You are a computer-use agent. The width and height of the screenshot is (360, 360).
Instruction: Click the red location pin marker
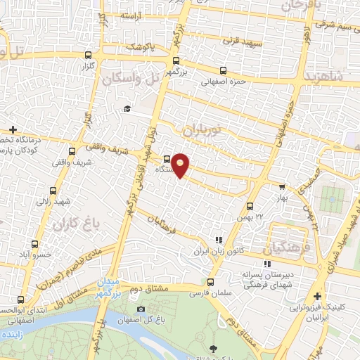coord(181,165)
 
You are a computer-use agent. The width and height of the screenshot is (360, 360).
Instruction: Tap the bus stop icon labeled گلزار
coord(88,55)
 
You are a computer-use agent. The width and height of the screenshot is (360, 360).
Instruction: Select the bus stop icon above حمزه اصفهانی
coord(223,70)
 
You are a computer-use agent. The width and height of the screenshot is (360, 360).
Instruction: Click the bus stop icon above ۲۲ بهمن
coord(250,206)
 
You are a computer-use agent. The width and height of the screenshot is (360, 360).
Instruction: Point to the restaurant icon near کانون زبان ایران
coord(218,240)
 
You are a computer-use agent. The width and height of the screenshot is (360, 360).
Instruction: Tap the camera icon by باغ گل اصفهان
coord(141,309)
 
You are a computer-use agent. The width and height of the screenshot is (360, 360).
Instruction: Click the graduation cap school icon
coord(127,108)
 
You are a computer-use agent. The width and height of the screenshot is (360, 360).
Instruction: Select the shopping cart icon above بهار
coord(282,187)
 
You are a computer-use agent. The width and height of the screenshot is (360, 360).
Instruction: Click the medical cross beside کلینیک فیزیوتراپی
coord(317,297)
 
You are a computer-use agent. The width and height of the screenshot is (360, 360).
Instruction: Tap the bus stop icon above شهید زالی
coord(54,190)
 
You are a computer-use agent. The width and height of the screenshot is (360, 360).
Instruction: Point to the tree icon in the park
coord(212,347)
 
